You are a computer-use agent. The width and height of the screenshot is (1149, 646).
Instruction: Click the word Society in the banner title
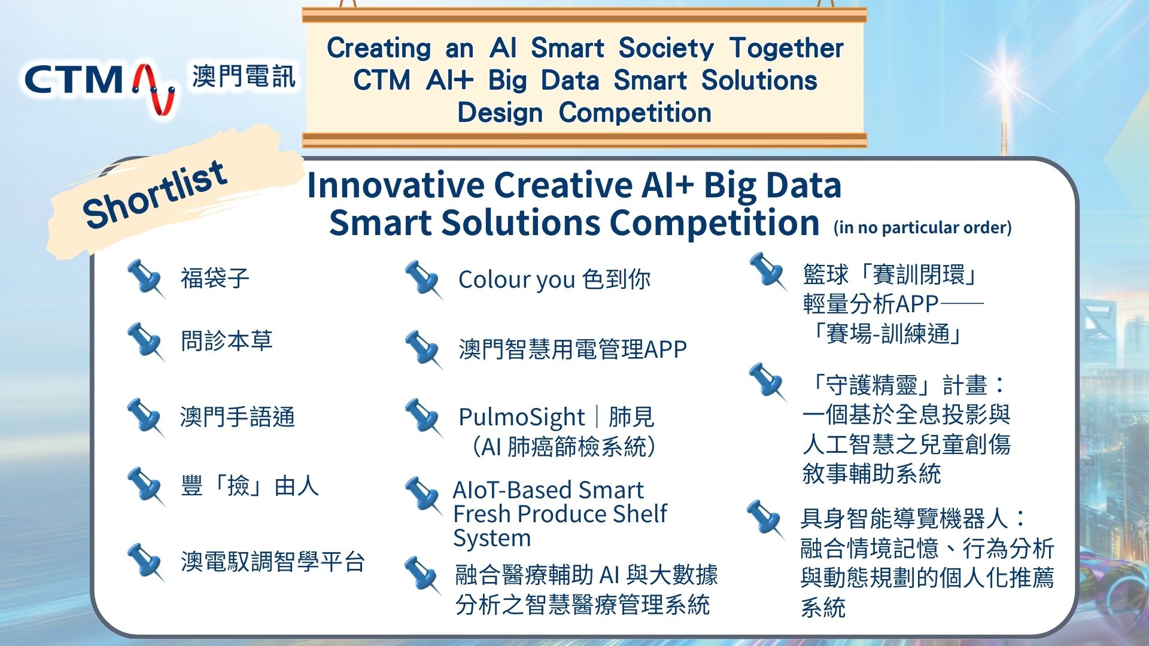666,48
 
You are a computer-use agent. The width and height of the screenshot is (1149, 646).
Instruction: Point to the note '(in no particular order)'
922,227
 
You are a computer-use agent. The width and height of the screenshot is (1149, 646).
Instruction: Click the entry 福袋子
215,278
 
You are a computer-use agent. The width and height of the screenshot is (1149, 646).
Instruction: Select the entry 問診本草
227,340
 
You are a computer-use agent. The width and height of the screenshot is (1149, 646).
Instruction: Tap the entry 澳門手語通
238,417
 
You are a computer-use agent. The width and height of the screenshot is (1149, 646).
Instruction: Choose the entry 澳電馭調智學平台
273,562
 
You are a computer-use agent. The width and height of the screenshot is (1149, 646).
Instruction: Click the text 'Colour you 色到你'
554,279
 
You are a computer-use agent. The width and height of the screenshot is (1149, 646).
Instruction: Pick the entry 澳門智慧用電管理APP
573,349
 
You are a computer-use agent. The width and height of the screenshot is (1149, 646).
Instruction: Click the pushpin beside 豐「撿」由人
145,486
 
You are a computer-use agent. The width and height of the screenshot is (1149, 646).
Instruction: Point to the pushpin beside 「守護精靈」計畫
767,382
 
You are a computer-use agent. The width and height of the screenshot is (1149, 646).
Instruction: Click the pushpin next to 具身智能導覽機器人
765,519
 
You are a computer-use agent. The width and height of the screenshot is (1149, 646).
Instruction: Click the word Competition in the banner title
635,113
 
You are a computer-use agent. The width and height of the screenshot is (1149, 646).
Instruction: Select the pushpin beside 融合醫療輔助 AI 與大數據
423,575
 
